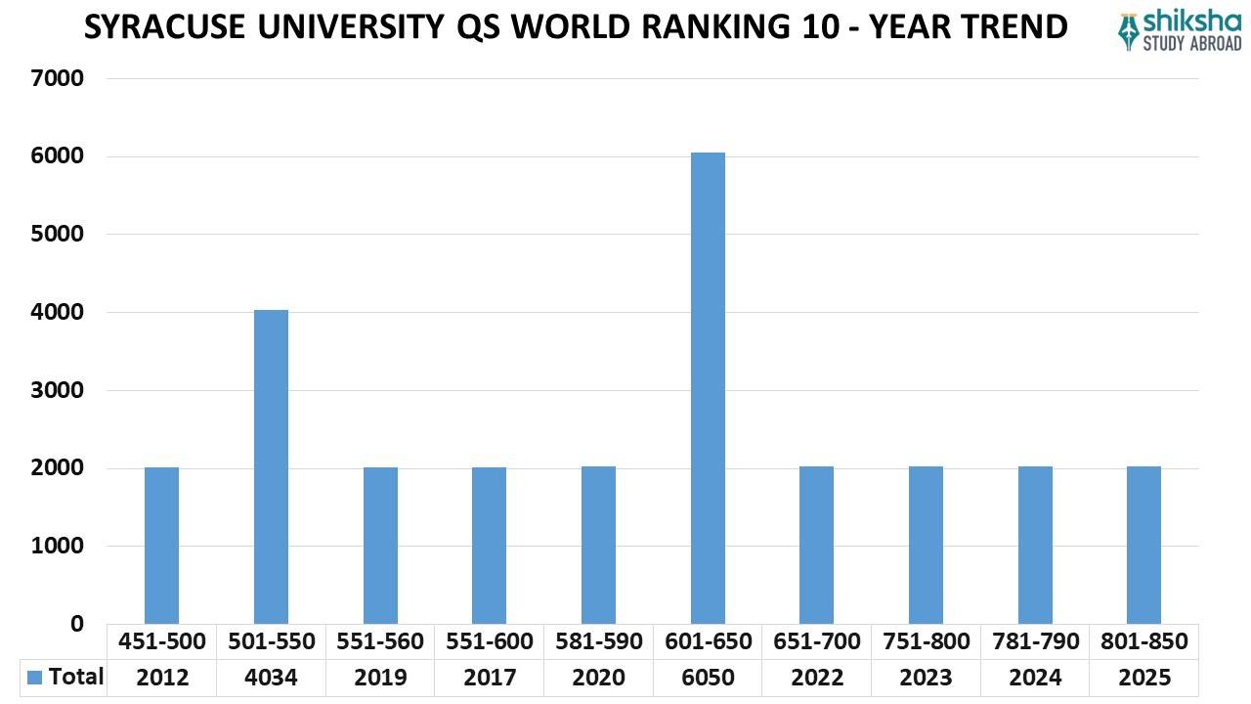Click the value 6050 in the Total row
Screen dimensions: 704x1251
click(708, 677)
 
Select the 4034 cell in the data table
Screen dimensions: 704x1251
click(271, 677)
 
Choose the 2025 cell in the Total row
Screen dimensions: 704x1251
click(1143, 677)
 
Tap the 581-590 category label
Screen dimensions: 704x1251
click(598, 641)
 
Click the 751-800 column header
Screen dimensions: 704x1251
click(926, 641)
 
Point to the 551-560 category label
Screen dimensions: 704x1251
click(380, 641)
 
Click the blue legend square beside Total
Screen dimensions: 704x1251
click(35, 677)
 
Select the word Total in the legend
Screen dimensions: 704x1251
click(75, 677)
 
